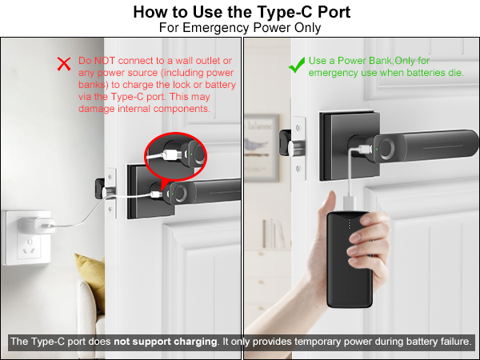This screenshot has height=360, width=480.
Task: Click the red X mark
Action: pos(63,64)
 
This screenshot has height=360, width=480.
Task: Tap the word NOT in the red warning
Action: pos(107,61)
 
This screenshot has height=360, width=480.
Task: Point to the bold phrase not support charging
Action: pos(165,342)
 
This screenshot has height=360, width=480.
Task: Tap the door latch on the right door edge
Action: pos(284,142)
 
